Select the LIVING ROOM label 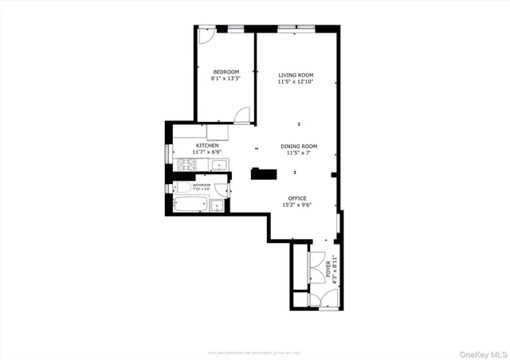click(296, 75)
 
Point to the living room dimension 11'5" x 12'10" click(296, 81)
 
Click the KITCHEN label click(207, 146)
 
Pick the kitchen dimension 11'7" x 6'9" click(207, 152)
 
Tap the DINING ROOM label click(299, 146)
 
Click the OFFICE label click(297, 198)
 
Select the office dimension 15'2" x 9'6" click(297, 205)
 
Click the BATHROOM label click(202, 185)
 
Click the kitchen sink click(219, 166)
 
